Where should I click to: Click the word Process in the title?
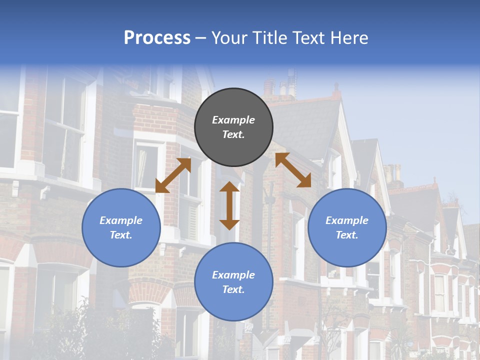click(157, 38)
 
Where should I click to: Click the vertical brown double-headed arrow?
click(229, 205)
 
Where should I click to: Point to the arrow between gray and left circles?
click(173, 175)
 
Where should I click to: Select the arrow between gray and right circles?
click(293, 170)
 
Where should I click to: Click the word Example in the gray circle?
click(233, 120)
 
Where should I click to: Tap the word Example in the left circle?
click(121, 220)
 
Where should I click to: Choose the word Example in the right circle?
click(347, 220)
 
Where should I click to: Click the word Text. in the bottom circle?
click(233, 289)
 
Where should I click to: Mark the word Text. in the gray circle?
click(233, 134)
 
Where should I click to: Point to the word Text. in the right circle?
click(347, 235)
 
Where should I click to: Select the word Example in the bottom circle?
click(233, 275)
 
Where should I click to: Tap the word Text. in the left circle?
click(121, 235)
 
